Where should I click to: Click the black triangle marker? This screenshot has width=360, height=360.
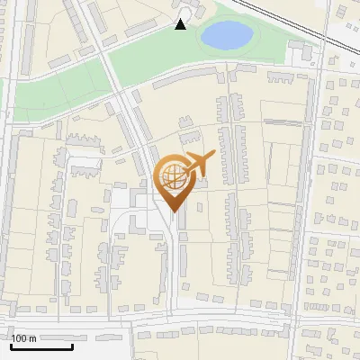click(181, 24)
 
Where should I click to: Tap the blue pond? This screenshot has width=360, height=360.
click(226, 36)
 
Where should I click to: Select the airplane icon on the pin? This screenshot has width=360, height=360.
click(198, 165)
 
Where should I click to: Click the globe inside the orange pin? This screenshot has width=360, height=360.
click(174, 175)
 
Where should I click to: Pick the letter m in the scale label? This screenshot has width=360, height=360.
click(32, 338)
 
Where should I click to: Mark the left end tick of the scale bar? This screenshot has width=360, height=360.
click(11, 345)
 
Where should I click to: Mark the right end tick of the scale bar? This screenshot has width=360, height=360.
click(72, 345)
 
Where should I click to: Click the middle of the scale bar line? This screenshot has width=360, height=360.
click(41, 346)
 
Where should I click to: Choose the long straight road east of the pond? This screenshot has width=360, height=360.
click(316, 180)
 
